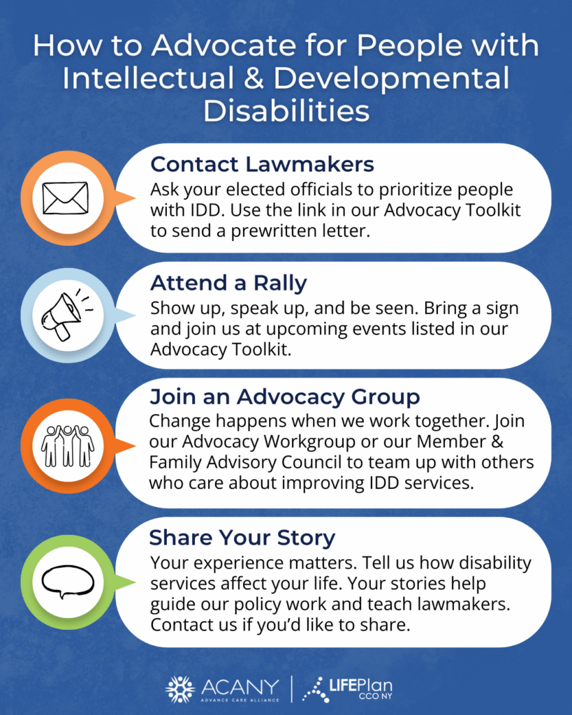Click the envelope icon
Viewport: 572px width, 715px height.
65,198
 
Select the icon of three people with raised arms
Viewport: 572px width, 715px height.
68,446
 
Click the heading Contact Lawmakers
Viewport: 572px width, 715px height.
263,164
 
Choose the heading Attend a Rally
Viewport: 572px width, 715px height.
228,283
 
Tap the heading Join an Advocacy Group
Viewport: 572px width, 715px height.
285,397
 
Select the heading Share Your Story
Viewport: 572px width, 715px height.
242,538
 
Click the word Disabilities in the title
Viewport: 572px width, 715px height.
286,111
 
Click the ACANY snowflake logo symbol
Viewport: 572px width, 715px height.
179,689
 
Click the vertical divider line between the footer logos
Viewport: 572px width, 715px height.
292,689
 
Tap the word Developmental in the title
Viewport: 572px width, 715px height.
391,78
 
